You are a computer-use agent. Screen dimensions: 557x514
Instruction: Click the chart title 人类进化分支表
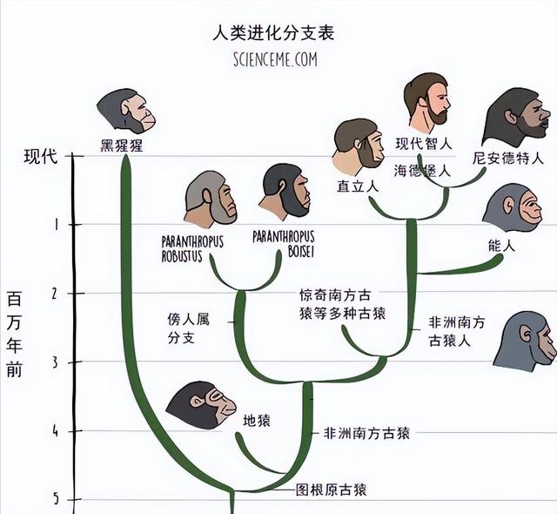(273, 33)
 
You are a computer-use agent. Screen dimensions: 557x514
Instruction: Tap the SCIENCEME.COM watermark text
(275, 59)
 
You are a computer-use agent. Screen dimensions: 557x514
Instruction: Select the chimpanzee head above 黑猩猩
(126, 111)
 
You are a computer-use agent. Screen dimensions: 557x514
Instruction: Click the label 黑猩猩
(122, 145)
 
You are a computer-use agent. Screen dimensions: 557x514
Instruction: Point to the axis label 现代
(40, 157)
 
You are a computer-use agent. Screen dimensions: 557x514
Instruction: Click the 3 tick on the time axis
(56, 362)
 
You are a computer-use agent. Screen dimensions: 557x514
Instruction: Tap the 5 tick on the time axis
(56, 500)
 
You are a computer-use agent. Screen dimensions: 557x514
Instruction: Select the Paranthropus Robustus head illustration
(210, 200)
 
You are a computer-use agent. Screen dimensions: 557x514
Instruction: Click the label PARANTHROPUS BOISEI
(284, 244)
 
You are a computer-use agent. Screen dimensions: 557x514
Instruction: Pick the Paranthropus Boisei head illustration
(285, 192)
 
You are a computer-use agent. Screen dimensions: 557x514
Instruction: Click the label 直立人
(358, 186)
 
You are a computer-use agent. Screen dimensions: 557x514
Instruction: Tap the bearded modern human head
(427, 103)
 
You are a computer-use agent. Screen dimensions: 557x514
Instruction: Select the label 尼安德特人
(508, 159)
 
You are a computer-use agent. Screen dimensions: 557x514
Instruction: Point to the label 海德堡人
(422, 171)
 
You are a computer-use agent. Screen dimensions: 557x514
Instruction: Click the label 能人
(501, 246)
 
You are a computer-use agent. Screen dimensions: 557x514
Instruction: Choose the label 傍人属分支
(189, 328)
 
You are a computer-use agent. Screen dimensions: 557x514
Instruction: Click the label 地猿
(257, 421)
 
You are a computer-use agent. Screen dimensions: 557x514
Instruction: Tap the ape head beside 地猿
(201, 406)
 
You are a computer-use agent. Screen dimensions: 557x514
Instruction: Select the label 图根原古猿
(331, 490)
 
